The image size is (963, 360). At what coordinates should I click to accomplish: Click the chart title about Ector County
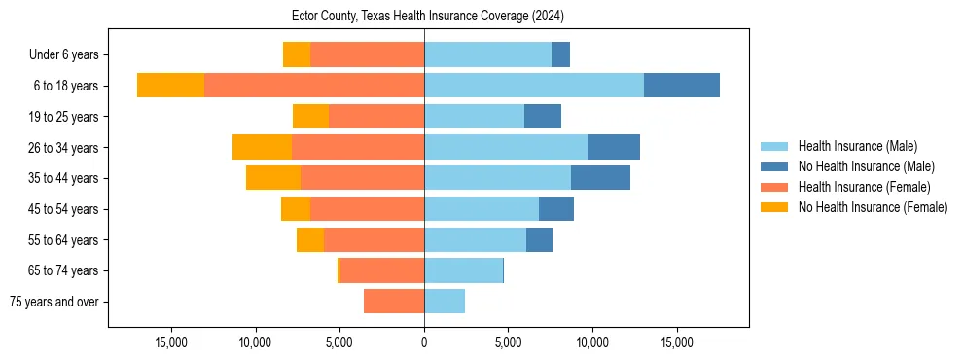[428, 17]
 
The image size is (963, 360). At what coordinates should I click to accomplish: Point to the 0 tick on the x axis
[424, 342]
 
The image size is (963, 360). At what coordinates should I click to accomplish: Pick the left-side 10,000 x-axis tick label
[256, 342]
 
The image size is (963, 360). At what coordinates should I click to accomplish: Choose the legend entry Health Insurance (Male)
[857, 146]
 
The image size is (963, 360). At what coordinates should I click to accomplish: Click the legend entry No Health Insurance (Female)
[873, 207]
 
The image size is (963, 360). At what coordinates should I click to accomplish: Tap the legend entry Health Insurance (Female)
[864, 187]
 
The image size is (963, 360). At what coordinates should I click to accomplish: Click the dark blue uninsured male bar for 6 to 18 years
[681, 86]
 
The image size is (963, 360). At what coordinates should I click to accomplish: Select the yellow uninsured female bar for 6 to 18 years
[171, 86]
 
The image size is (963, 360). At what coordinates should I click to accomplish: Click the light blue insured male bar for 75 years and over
[445, 302]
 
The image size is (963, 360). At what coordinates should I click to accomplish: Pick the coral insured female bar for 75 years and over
[394, 302]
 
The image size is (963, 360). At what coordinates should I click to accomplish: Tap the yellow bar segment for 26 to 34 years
[262, 147]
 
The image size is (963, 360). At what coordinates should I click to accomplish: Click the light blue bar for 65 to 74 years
[463, 270]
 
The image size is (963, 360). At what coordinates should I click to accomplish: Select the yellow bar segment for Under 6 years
[297, 54]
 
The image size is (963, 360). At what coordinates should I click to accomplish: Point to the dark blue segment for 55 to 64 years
[539, 239]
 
